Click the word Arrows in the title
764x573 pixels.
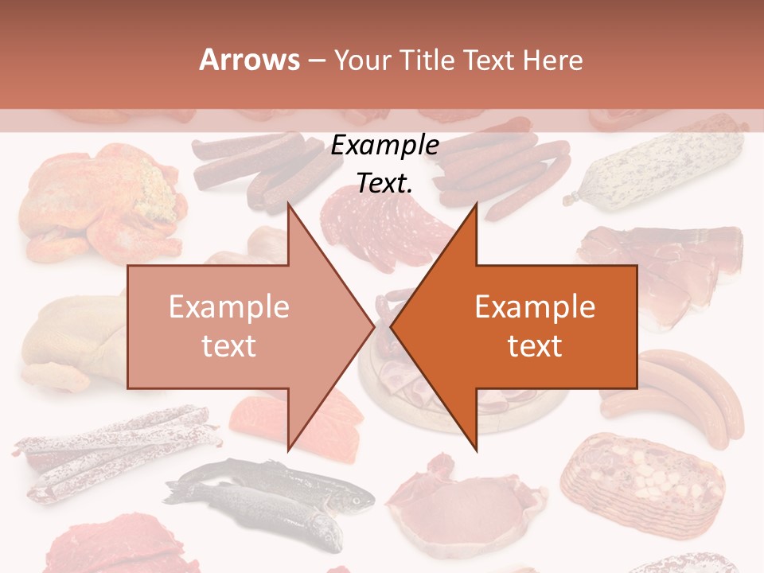pyautogui.click(x=249, y=60)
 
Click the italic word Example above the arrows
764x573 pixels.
pyautogui.click(x=385, y=146)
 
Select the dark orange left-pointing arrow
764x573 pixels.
pyautogui.click(x=541, y=326)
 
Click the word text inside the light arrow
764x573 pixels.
pyautogui.click(x=228, y=345)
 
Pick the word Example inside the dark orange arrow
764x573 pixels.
pyautogui.click(x=535, y=307)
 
